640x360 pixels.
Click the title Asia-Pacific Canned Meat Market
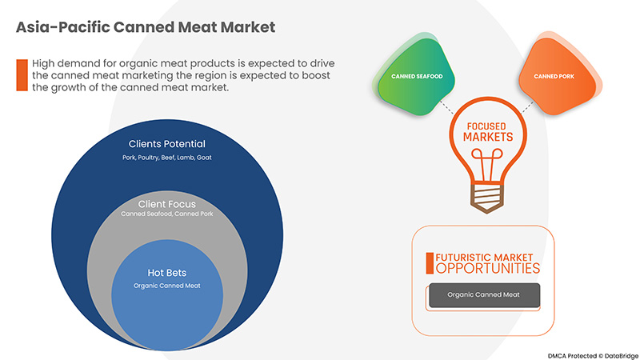coord(146,26)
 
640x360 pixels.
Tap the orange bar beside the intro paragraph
coord(22,75)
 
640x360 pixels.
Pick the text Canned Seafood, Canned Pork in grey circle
coord(166,214)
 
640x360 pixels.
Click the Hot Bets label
coord(166,273)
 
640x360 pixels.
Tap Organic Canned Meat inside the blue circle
coord(166,286)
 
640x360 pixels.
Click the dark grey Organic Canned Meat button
coord(484,295)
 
